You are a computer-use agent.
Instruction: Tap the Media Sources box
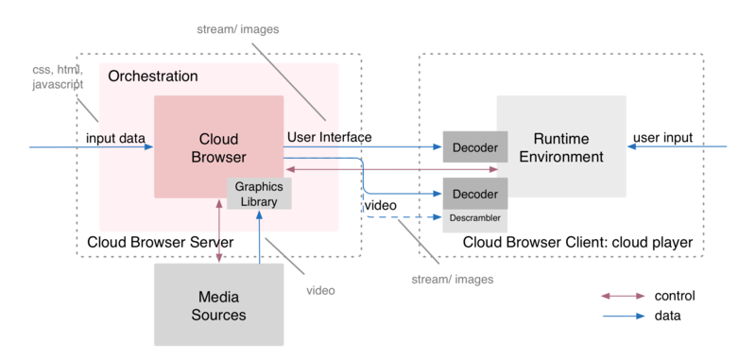219,304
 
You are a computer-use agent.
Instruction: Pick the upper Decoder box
476,147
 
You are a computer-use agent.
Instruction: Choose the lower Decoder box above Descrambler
476,193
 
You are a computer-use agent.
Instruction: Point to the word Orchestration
153,76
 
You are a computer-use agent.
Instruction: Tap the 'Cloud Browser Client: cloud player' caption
578,244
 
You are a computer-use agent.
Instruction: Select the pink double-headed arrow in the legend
623,296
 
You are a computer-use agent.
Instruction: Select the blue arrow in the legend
623,316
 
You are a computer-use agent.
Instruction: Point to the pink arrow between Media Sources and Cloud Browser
220,231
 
